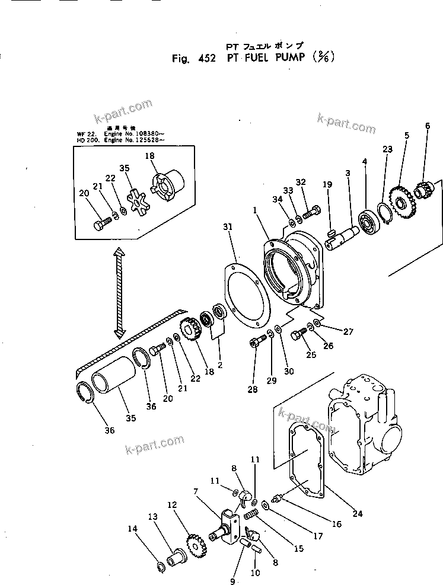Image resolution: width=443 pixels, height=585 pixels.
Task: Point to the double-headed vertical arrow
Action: point(119,290)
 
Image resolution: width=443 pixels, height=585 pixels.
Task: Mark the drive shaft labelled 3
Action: point(340,237)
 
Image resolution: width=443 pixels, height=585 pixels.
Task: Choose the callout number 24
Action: point(358,514)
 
